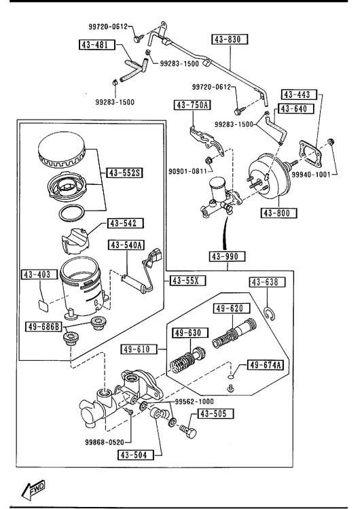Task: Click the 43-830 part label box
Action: [x=230, y=39]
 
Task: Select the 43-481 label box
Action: [x=97, y=44]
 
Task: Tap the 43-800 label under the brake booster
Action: [x=279, y=213]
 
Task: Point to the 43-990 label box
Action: [x=227, y=256]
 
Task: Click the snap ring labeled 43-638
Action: [x=269, y=313]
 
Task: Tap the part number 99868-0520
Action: [x=105, y=442]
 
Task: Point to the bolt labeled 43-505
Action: [x=187, y=431]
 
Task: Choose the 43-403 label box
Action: [x=36, y=275]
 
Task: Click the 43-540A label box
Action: [x=126, y=245]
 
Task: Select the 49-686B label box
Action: [x=43, y=326]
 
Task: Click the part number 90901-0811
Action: [x=188, y=171]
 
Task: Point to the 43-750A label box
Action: [x=192, y=105]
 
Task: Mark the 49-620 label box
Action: [x=232, y=308]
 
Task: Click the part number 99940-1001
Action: [x=311, y=175]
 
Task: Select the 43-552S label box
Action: [x=125, y=173]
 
